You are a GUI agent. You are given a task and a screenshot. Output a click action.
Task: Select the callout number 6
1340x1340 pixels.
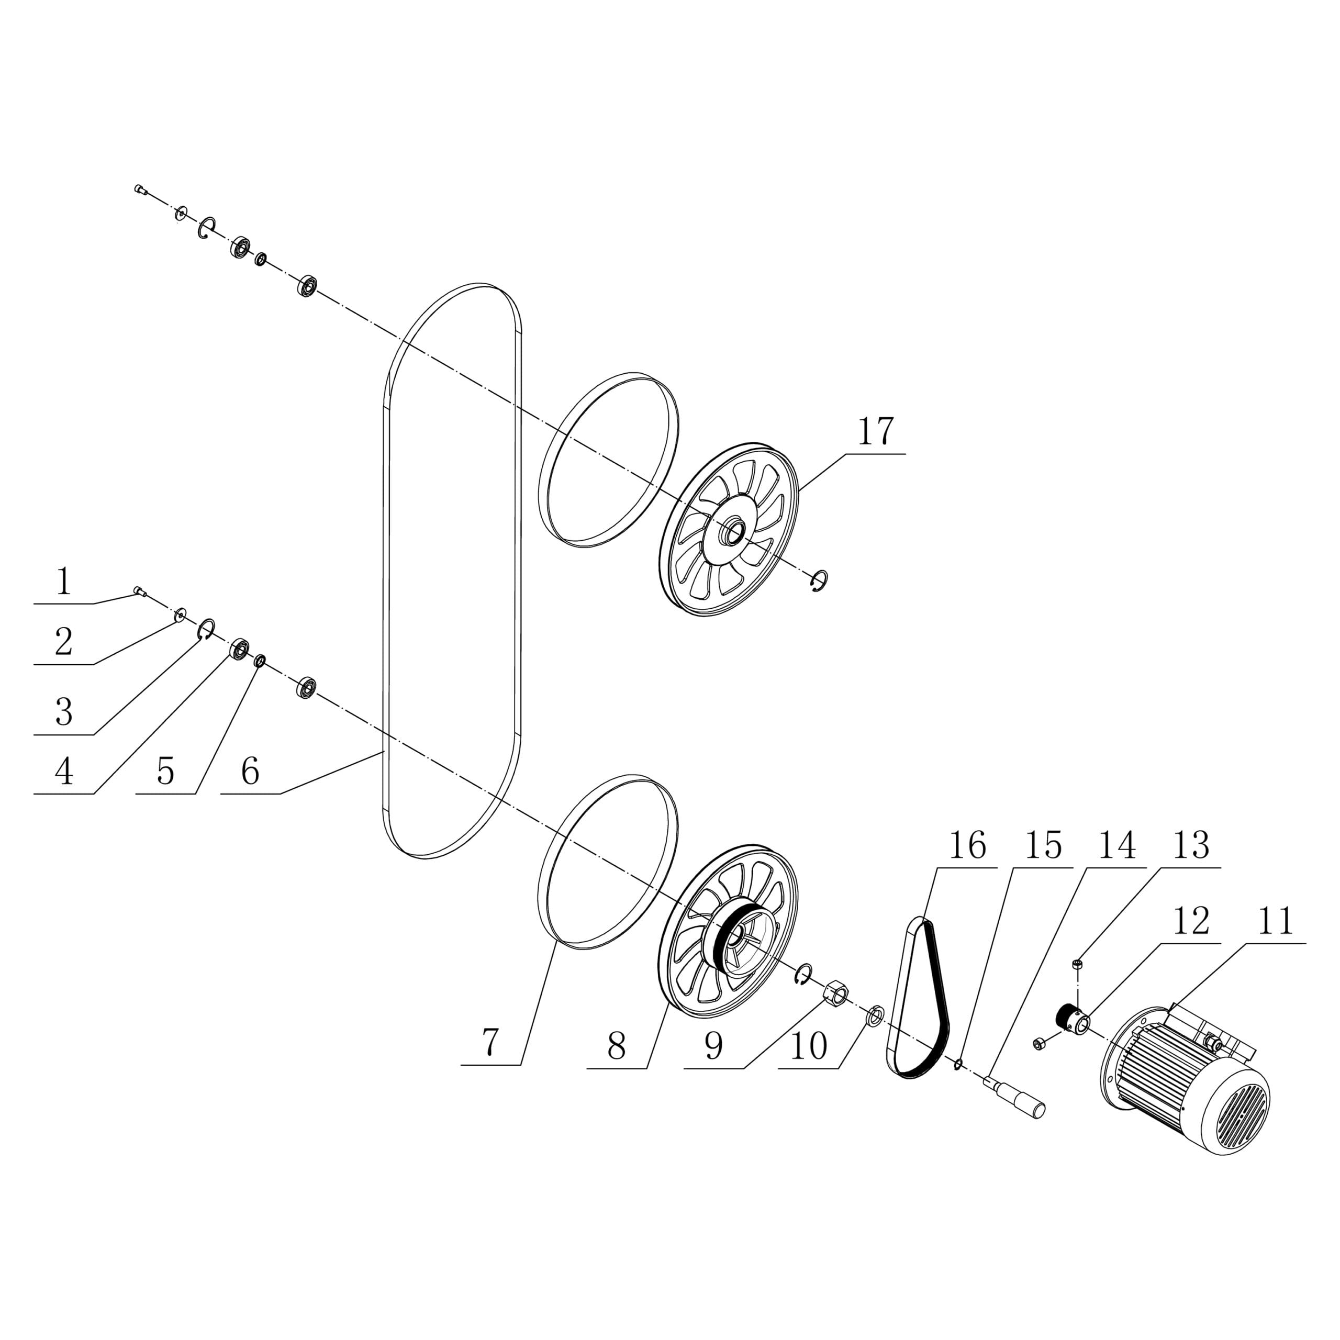pos(250,771)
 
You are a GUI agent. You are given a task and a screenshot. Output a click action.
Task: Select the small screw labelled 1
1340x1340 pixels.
pos(139,591)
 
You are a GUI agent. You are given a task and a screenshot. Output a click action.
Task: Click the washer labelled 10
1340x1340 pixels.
pos(875,1018)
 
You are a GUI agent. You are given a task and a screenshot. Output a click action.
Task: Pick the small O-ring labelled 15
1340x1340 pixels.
pos(958,1064)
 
